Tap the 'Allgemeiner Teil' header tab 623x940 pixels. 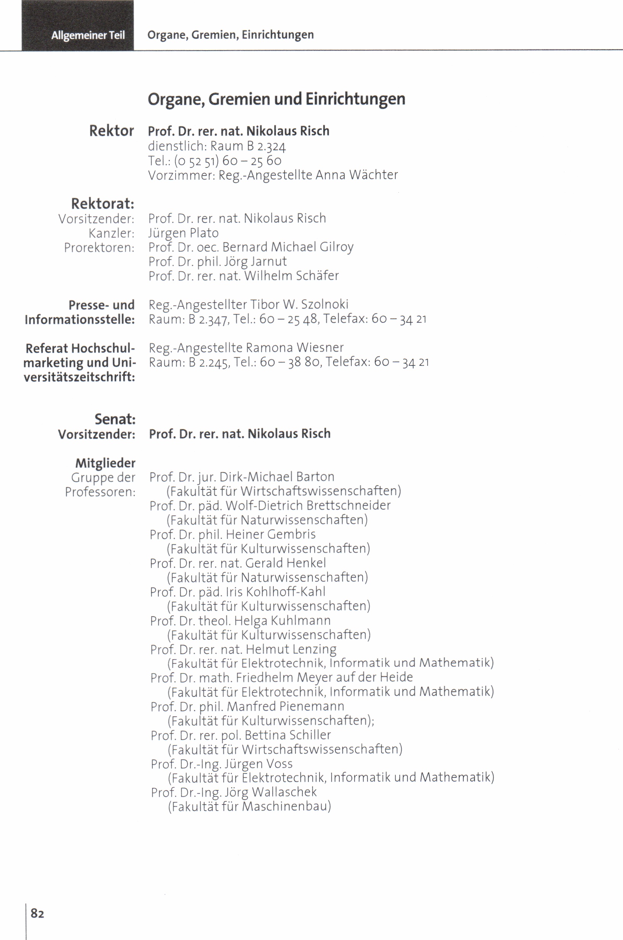point(88,35)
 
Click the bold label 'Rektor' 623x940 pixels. point(111,131)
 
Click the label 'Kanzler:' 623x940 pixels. point(111,233)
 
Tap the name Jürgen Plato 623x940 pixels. point(183,233)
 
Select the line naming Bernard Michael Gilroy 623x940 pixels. point(251,247)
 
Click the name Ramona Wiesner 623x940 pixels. point(294,348)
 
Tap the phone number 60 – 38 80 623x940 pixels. point(290,362)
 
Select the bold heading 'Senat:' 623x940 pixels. point(115,419)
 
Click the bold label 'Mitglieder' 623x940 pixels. point(105,463)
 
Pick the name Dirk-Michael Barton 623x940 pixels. point(276,477)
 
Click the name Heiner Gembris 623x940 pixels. point(271,534)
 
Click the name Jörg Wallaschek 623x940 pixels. point(271,792)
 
